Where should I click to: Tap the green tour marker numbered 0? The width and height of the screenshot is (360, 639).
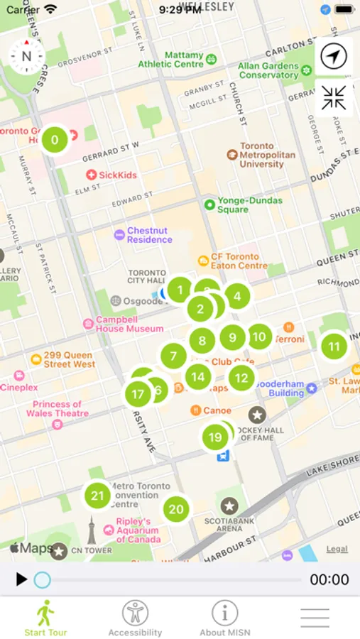point(55,140)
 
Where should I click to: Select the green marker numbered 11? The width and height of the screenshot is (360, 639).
point(334,347)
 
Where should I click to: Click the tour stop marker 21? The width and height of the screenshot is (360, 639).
point(98,496)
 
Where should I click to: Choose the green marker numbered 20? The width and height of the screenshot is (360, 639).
point(176,509)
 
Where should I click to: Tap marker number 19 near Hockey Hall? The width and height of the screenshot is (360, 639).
point(214,437)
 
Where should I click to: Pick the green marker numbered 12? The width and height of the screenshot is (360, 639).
point(242,378)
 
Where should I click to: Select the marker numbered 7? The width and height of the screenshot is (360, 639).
point(173,356)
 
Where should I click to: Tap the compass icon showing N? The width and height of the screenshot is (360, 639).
point(26,56)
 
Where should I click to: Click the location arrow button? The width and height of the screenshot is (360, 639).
point(334,56)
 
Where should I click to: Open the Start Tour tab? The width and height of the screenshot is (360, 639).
point(45,617)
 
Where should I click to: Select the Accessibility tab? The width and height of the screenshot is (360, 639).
point(135,617)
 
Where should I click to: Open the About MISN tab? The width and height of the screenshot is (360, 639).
point(224,617)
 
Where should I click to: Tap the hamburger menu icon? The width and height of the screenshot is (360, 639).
point(315,617)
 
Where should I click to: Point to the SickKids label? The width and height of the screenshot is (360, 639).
point(118,175)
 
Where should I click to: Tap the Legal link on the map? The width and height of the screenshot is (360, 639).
point(337,549)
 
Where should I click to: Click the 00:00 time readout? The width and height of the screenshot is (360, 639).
point(329,580)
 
